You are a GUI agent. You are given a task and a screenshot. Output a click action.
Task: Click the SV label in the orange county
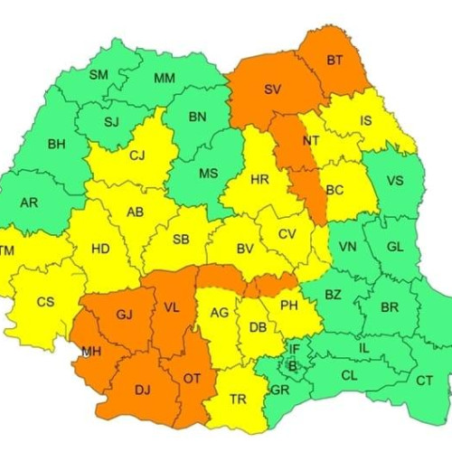[272, 89]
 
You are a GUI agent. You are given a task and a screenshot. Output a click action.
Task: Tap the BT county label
[334, 61]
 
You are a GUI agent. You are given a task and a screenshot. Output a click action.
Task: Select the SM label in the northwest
[99, 74]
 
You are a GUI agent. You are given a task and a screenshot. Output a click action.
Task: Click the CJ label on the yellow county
[137, 155]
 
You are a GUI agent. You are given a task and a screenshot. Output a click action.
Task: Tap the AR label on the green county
[29, 202]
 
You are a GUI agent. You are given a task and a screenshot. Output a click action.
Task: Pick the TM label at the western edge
[7, 250]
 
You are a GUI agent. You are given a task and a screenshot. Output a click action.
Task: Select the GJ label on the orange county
[124, 314]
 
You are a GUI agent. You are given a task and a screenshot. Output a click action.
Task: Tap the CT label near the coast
[424, 381]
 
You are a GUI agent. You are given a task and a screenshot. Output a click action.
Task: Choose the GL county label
[395, 247]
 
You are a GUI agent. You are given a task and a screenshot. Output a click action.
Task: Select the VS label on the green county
[395, 180]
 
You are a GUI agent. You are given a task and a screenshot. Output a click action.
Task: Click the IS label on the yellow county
[365, 119]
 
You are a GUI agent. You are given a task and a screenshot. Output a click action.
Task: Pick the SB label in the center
[181, 240]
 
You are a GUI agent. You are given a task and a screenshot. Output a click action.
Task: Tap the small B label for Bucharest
[291, 365]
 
